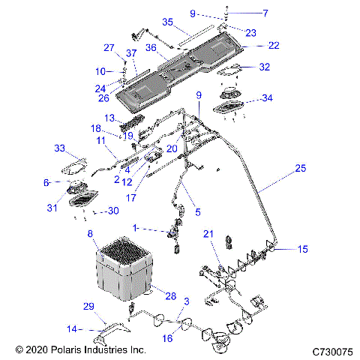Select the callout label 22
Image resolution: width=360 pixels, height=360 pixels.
(x=274, y=46)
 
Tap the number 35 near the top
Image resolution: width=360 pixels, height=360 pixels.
(x=167, y=22)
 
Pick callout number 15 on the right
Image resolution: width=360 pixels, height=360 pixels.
(x=302, y=249)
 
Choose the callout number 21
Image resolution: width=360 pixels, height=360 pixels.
(x=209, y=234)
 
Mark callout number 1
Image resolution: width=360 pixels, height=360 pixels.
(x=136, y=226)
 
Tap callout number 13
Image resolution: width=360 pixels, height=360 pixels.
(x=109, y=118)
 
